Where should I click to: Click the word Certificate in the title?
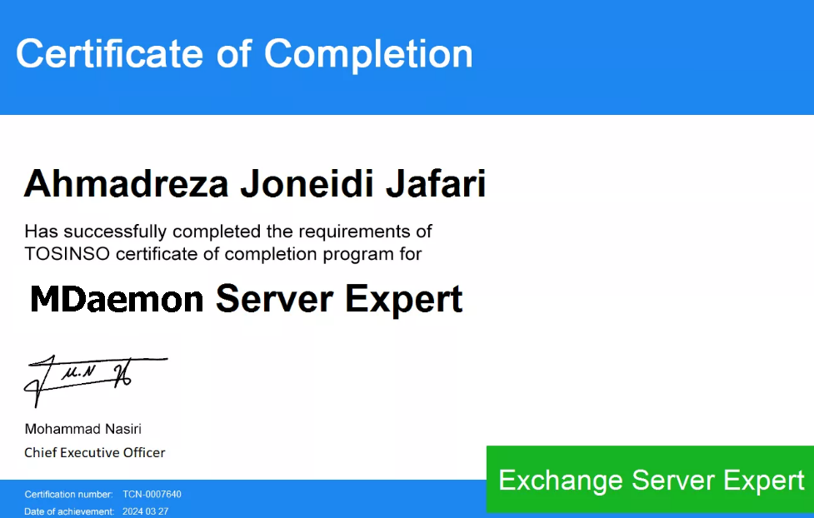click(109, 53)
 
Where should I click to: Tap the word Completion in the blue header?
click(368, 54)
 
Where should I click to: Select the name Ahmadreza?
click(126, 184)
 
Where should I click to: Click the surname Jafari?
click(436, 184)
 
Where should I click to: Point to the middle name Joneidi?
click(307, 184)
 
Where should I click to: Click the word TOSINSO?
click(67, 254)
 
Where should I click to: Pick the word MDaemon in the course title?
click(117, 300)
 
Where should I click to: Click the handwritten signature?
click(96, 381)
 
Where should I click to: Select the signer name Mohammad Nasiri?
click(83, 429)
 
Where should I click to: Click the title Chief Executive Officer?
click(94, 452)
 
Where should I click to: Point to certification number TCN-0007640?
click(152, 494)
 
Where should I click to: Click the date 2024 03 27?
click(145, 511)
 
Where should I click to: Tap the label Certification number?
click(68, 494)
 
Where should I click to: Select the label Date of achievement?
click(69, 511)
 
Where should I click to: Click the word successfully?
click(115, 232)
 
